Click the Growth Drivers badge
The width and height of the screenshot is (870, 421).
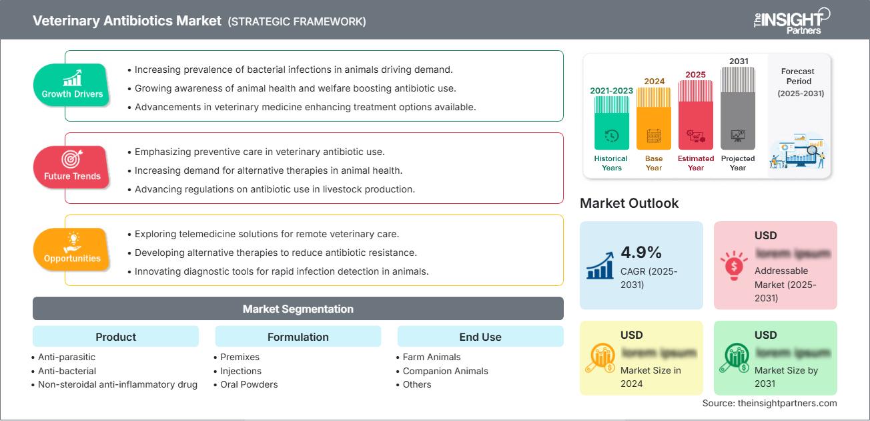(72, 85)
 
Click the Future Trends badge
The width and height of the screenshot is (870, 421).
(71, 167)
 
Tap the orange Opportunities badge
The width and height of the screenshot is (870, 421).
(71, 249)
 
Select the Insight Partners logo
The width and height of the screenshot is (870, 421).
(791, 21)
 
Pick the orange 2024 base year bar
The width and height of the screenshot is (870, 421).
(654, 118)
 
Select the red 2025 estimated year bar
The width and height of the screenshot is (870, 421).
(696, 114)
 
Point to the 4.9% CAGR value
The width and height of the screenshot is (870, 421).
(641, 252)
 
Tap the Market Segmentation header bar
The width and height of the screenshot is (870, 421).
(298, 309)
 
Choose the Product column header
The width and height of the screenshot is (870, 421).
(115, 337)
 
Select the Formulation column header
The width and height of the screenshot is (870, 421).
(298, 337)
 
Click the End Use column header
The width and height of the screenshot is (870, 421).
(480, 337)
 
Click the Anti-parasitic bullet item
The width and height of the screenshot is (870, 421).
(67, 357)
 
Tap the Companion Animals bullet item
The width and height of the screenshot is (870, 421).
(445, 371)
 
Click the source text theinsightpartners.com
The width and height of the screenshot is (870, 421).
(769, 403)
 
